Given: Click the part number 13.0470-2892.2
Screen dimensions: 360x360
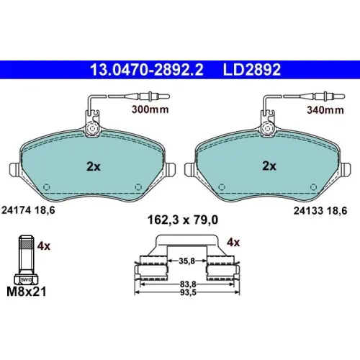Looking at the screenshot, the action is point(147,70).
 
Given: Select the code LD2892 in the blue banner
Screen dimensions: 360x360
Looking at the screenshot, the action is point(252,70).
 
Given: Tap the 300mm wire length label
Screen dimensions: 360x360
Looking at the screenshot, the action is point(150,109).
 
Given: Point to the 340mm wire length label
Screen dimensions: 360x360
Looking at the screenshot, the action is point(325,110).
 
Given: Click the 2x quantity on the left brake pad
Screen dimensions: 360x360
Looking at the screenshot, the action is point(94,166).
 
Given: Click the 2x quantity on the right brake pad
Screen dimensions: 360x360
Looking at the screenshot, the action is point(269,166).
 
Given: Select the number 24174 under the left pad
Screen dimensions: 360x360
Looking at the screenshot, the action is point(17,210).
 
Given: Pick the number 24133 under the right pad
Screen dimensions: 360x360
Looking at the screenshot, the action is point(309,211).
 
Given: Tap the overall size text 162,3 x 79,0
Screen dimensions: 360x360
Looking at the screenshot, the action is point(183,220).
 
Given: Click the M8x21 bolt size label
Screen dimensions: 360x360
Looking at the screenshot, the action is point(27,292).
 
